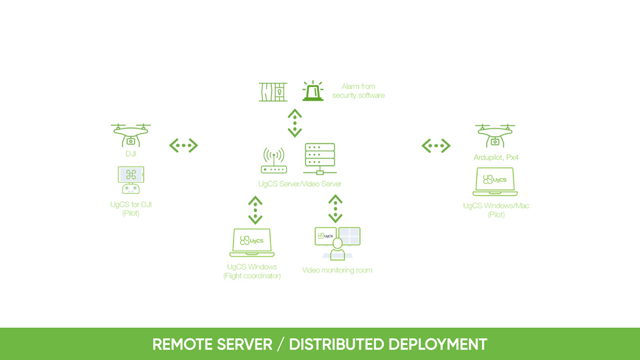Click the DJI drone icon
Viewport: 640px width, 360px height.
click(x=131, y=135)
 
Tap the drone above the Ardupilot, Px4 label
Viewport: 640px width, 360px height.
click(x=495, y=136)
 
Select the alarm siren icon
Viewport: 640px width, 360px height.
click(x=313, y=91)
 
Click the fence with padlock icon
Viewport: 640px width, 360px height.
click(x=273, y=92)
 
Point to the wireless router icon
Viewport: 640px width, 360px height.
click(x=274, y=162)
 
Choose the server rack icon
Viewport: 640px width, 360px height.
click(x=320, y=159)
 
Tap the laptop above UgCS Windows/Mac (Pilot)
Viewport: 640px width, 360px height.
click(x=495, y=181)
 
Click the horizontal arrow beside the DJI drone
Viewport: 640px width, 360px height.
click(x=183, y=145)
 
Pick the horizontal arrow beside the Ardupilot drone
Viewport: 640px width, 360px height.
click(x=436, y=145)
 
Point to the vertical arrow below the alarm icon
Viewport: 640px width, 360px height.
click(x=294, y=123)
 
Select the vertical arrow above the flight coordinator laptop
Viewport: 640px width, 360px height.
click(x=255, y=210)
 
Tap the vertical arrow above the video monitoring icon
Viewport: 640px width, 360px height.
click(x=335, y=209)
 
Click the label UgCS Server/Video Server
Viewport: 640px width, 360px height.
click(x=300, y=184)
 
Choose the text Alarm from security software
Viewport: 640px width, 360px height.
click(x=358, y=91)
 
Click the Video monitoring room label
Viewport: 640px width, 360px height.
click(x=337, y=270)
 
